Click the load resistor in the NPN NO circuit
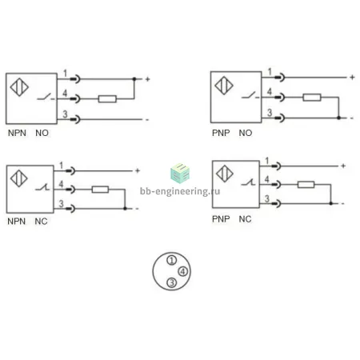[x=107, y=99]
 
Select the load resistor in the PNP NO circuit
[x=312, y=98]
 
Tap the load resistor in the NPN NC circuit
[x=100, y=190]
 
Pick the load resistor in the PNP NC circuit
[x=306, y=184]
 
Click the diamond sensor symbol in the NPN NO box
[x=19, y=87]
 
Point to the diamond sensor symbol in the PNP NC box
[x=225, y=174]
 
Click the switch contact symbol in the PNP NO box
[x=250, y=95]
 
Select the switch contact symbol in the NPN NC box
[x=42, y=187]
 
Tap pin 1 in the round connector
[x=172, y=260]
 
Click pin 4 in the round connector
[x=183, y=271]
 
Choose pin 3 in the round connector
[x=172, y=282]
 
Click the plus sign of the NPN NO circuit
[x=147, y=79]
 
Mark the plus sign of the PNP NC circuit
[x=343, y=166]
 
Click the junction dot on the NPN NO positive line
[x=134, y=79]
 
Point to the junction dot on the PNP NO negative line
[x=338, y=118]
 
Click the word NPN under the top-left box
[x=17, y=133]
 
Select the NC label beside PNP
[x=245, y=219]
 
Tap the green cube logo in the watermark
[x=180, y=173]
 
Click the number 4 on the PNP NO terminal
[x=270, y=91]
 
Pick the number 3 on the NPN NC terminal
[x=62, y=204]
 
